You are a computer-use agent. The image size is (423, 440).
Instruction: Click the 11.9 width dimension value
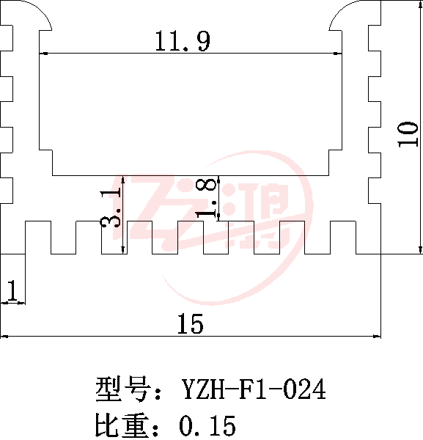[x=183, y=41]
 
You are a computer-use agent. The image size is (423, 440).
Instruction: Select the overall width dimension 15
[x=190, y=324]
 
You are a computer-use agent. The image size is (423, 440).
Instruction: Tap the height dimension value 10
[x=408, y=134]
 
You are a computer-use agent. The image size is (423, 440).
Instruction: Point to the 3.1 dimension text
[x=111, y=208]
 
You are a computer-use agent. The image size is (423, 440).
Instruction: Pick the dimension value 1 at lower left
[x=12, y=290]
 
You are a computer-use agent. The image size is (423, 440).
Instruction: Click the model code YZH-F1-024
[x=254, y=389]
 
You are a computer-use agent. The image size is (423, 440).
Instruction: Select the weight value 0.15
[x=207, y=425]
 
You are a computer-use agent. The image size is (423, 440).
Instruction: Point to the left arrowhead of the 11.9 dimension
[x=43, y=53]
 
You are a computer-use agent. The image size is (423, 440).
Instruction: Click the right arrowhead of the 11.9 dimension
[x=337, y=53]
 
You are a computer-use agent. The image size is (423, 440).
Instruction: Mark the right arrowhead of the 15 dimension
[x=376, y=336]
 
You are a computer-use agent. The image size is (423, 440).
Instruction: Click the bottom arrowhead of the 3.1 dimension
[x=123, y=249]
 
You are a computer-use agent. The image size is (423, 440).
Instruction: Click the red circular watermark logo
[x=213, y=227]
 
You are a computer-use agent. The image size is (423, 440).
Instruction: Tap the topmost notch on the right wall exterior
[x=375, y=38]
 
